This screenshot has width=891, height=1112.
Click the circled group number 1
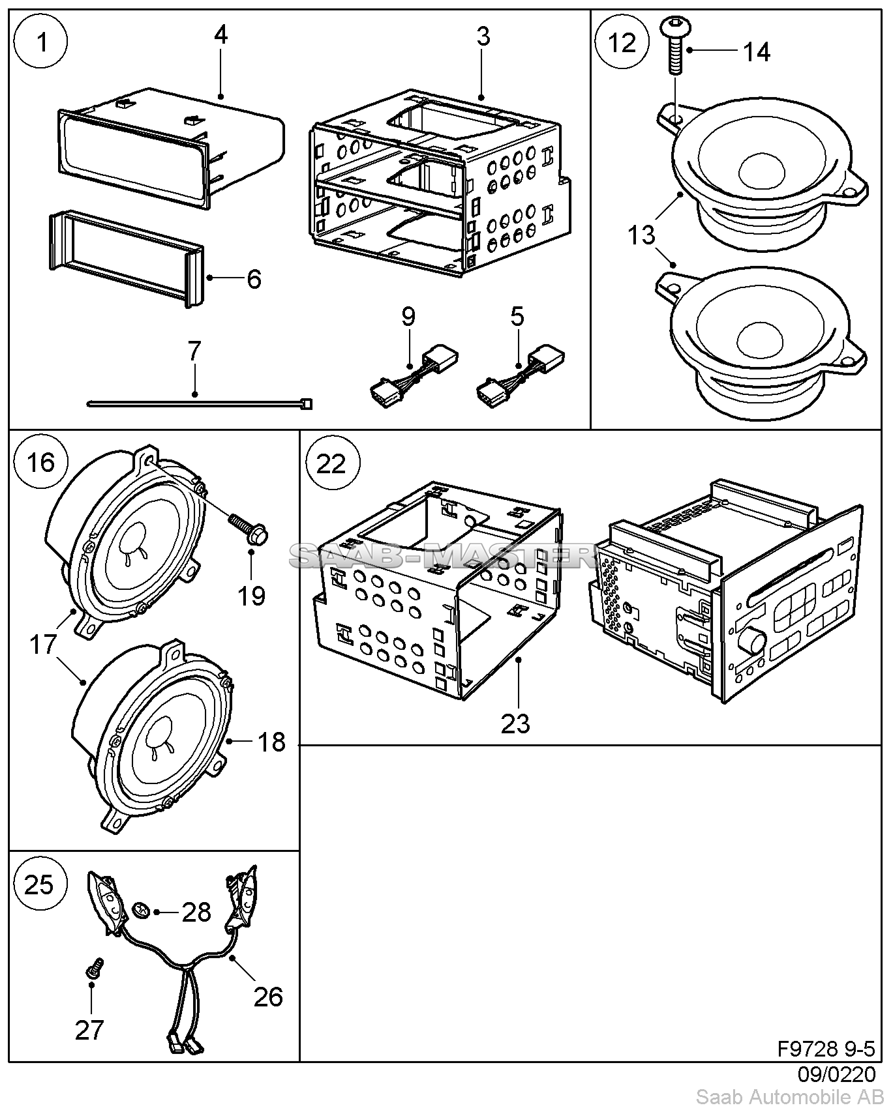pyautogui.click(x=42, y=43)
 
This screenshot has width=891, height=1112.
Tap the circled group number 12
pyautogui.click(x=622, y=43)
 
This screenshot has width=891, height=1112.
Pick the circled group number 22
pyautogui.click(x=331, y=464)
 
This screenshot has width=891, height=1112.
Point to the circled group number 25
pyautogui.click(x=39, y=885)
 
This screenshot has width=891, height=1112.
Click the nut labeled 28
pyautogui.click(x=140, y=911)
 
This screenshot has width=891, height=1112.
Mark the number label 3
pyautogui.click(x=483, y=37)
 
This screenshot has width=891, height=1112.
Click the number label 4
pyautogui.click(x=220, y=35)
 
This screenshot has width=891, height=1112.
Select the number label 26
pyautogui.click(x=268, y=997)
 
